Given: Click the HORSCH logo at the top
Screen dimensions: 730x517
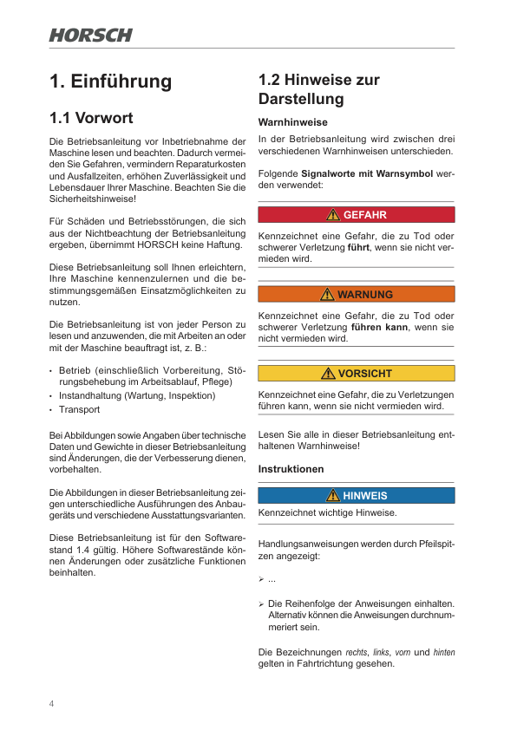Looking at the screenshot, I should tap(91, 36).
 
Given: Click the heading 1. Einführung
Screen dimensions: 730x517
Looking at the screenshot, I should tap(111, 81).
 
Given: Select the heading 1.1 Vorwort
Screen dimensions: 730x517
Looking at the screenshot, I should tap(92, 118).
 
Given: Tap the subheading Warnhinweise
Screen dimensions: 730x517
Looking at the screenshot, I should tap(293, 122).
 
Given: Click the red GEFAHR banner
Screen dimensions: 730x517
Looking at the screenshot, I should tap(357, 214).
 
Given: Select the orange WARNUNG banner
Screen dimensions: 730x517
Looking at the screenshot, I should tap(357, 294).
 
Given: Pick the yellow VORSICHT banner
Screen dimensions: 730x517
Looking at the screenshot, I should tap(357, 374).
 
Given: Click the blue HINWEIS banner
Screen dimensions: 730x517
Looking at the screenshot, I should tap(357, 496).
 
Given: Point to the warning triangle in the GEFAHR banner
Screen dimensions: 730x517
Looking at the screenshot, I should tap(333, 214).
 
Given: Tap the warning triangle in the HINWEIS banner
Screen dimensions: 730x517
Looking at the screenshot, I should tap(333, 496).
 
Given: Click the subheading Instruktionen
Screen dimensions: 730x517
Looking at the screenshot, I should tap(291, 469).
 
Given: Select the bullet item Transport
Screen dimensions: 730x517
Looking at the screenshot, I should tap(79, 409).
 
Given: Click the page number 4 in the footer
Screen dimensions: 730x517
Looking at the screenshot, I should tap(52, 703).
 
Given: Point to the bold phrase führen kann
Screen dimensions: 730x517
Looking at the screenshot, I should tap(379, 327).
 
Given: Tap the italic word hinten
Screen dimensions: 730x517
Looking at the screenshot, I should tap(444, 652).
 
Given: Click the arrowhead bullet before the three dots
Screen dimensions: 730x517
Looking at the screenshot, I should tap(262, 579).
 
